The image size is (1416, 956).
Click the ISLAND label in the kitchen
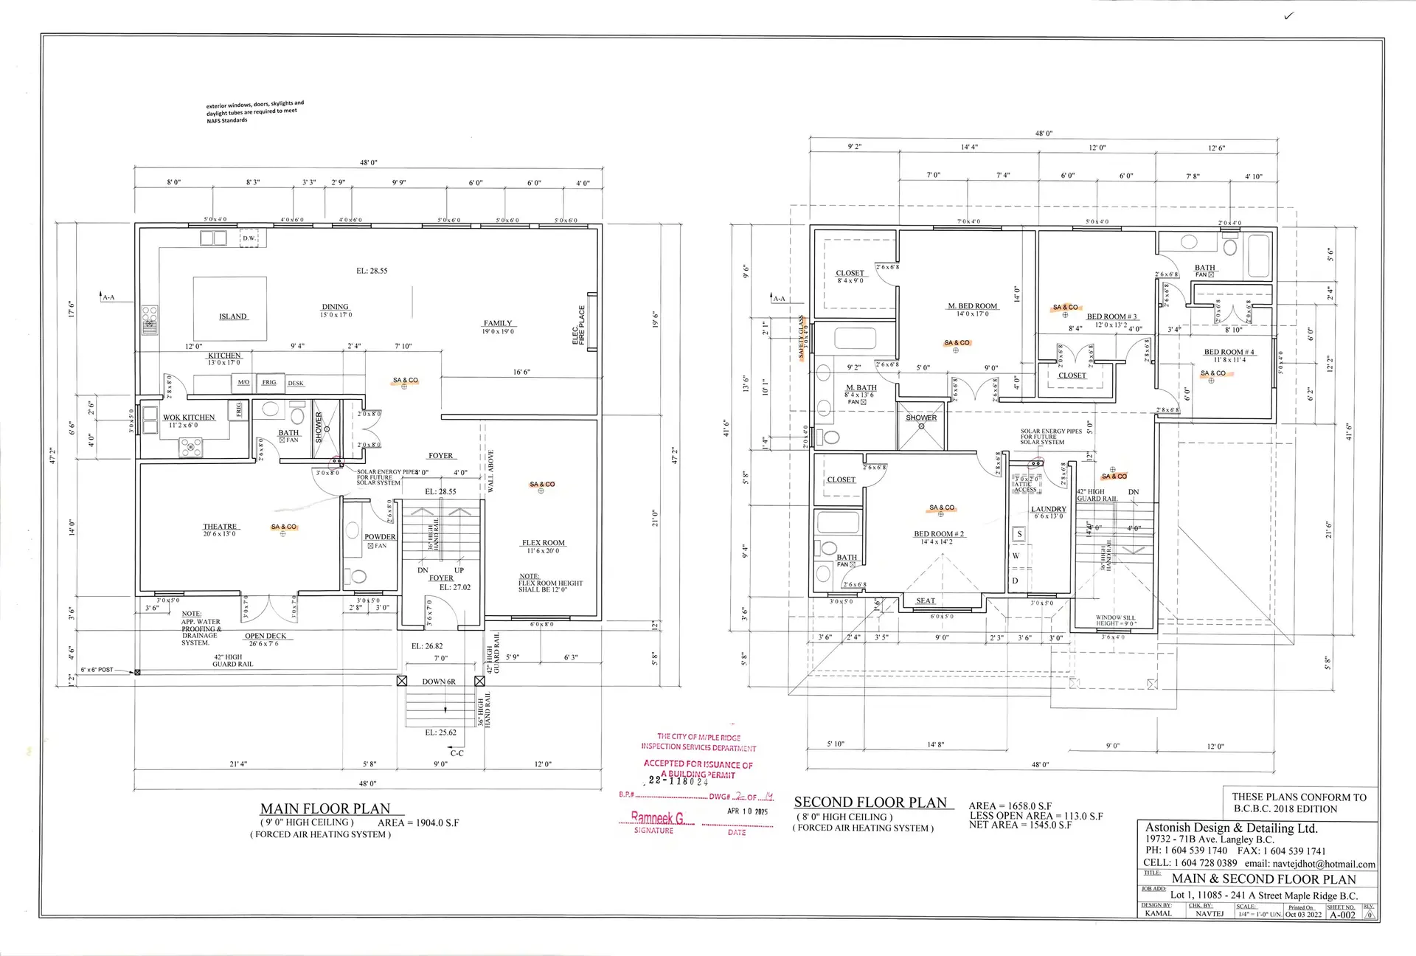(233, 316)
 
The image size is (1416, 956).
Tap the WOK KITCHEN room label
(189, 418)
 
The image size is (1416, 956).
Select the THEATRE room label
(220, 527)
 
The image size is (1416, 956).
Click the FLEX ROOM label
(544, 543)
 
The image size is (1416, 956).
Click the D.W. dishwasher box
(249, 238)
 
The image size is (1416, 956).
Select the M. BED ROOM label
(973, 306)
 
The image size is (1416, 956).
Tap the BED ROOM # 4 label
(1229, 352)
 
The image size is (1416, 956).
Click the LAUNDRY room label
(1048, 510)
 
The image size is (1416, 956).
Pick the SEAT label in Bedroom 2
(926, 601)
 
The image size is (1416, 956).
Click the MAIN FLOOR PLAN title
(325, 808)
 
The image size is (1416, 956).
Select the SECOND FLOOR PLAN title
(870, 803)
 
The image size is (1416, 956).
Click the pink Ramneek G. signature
(658, 817)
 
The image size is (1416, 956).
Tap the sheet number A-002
(1342, 915)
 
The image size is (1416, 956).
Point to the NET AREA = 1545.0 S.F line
(1020, 825)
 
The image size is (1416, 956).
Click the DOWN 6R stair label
(439, 682)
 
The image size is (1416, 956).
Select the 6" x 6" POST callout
(97, 670)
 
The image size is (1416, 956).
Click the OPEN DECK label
(265, 636)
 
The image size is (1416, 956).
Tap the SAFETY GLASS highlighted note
(802, 337)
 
